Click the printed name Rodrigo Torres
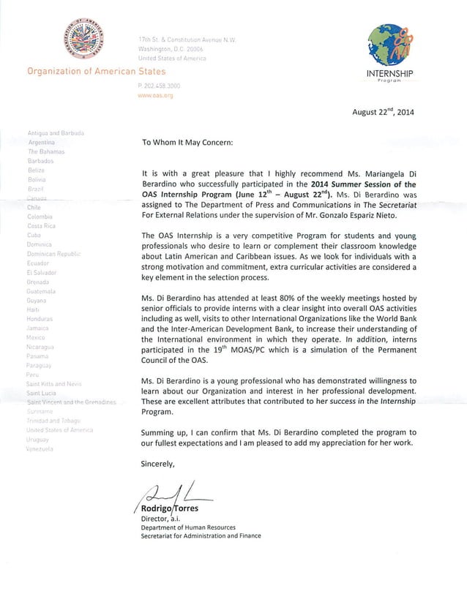(x=174, y=508)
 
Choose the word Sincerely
(x=158, y=463)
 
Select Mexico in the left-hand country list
(x=37, y=339)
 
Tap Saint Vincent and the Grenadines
(x=70, y=403)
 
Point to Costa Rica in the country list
(x=42, y=226)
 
